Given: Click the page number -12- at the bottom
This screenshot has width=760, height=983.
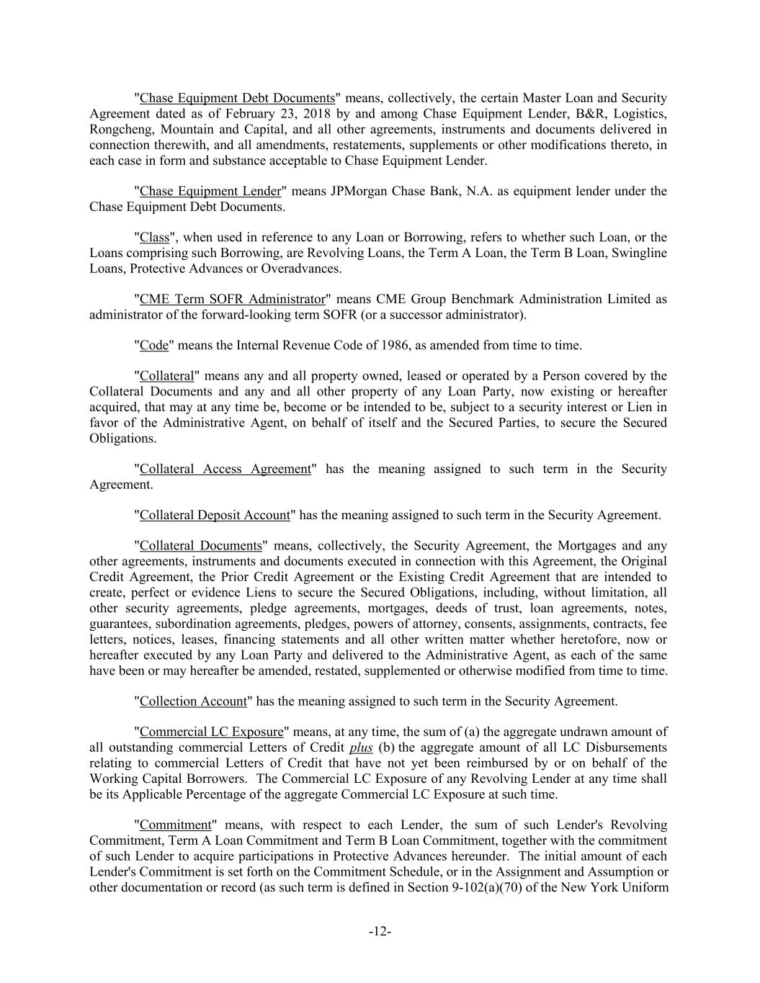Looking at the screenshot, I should point(380,932).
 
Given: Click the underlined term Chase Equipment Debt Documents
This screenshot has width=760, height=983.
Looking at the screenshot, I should point(237,98).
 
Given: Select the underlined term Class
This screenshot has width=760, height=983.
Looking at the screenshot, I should point(154,238).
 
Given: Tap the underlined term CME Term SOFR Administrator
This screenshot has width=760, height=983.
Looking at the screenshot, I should point(232,300).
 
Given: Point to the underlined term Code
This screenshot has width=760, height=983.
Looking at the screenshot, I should point(153,346).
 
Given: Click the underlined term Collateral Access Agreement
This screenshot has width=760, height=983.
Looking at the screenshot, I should point(225,470).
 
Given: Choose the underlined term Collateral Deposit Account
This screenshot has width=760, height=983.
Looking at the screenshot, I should point(215,516).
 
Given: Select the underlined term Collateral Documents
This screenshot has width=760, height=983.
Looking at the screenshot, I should point(200,546).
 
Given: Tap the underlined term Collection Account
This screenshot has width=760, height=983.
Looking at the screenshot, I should point(193,701).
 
